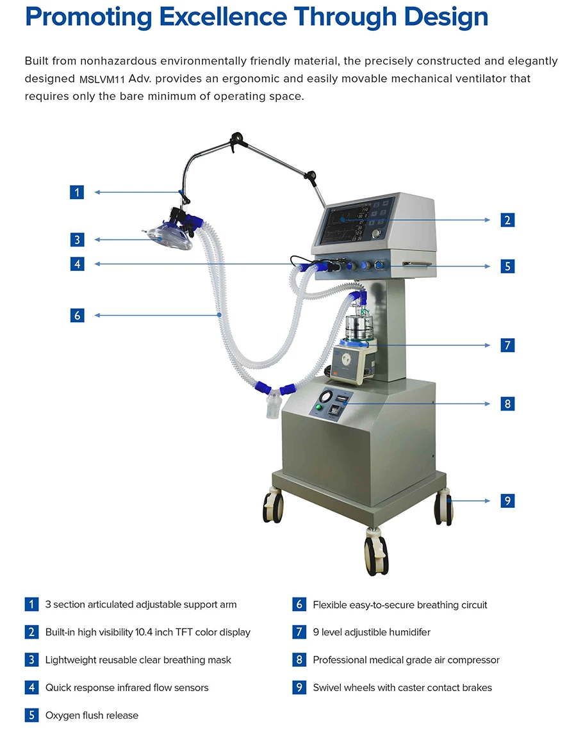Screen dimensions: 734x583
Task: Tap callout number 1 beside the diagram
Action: click(77, 192)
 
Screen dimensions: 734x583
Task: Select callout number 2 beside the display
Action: click(507, 220)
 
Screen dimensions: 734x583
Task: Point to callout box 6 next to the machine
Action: click(77, 315)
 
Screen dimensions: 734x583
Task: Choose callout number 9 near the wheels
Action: click(507, 501)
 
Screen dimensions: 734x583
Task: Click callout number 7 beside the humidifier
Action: click(507, 345)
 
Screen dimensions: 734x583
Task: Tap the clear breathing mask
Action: click(170, 238)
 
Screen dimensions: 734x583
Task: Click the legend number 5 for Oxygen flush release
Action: click(31, 715)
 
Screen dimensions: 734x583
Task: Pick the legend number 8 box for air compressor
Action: click(299, 660)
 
